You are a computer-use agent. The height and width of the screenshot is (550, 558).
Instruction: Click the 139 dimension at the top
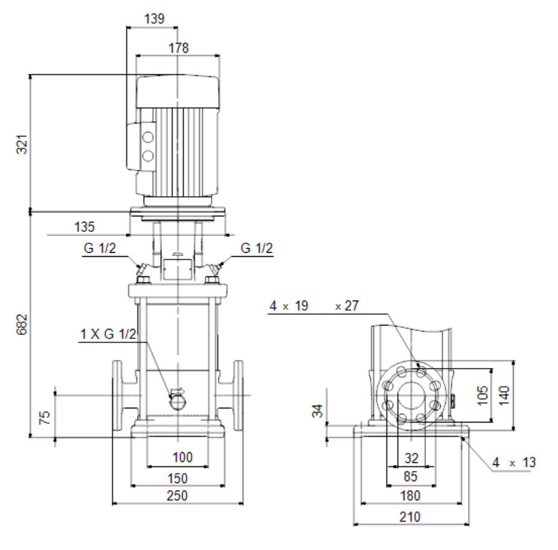154,18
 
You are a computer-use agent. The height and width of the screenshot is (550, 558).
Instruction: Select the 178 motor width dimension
178,48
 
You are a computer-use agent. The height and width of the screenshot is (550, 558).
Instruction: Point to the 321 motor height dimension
22,144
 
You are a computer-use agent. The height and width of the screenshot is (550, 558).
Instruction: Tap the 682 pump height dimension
22,324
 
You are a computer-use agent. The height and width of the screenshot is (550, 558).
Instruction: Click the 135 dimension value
84,227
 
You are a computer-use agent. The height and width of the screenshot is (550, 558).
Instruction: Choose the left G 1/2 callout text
100,248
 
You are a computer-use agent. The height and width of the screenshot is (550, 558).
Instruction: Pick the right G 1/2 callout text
256,248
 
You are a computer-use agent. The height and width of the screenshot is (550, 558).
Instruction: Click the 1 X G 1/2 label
108,334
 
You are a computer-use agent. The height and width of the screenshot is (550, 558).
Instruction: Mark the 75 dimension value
45,417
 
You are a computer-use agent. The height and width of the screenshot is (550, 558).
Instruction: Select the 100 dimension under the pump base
182,457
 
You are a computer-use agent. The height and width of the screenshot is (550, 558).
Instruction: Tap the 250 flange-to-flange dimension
177,495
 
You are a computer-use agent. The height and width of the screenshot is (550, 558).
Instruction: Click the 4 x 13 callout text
513,462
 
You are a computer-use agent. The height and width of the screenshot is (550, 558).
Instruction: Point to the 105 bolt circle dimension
482,395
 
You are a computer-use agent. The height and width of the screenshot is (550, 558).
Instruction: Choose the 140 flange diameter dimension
504,395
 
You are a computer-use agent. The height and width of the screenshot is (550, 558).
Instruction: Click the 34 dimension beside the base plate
318,410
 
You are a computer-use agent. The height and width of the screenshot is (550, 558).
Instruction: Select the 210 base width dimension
410,517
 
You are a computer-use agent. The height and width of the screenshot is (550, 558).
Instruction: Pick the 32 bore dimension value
412,458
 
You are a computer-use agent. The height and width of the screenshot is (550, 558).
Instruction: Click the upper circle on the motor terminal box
148,137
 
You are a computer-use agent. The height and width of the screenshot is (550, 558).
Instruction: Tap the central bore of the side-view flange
412,396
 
